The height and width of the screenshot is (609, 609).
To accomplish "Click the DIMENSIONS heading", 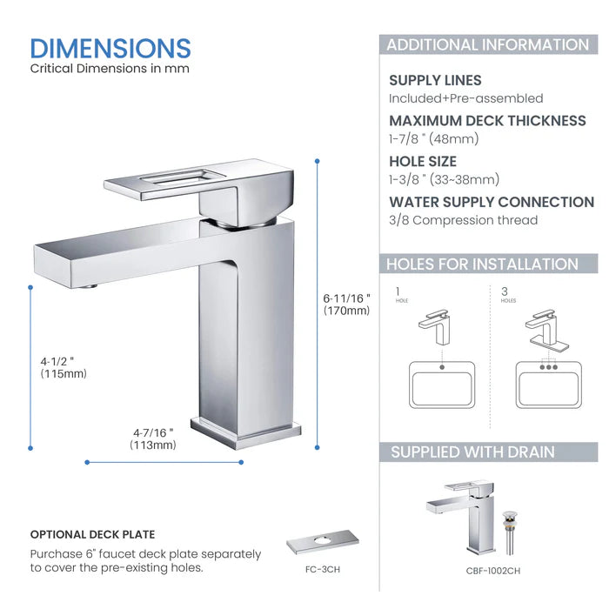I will pos(110,48).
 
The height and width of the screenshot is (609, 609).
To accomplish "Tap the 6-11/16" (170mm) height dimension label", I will pos(346,304).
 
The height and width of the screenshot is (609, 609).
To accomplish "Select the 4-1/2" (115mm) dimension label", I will pos(64,366).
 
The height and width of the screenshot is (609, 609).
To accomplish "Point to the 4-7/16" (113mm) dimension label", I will pos(153,438).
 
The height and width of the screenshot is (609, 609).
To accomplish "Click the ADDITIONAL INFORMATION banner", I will pos(487,45).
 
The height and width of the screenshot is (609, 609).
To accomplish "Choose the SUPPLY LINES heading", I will pos(435,80).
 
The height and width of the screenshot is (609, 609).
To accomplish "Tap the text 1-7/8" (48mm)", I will pos(434,138).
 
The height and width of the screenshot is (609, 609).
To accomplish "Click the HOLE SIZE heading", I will pos(423,161).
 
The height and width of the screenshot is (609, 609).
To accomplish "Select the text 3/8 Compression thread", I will pos(463,220).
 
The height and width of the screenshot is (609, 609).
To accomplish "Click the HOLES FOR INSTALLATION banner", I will pos(482,264).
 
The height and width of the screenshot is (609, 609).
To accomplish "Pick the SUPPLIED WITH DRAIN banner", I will pos(472,452).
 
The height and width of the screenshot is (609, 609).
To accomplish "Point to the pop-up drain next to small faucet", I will pos(512,530).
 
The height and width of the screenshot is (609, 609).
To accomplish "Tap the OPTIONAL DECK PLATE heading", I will pos(93,534).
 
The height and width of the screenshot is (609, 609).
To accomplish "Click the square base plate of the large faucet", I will pos(244,432).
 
